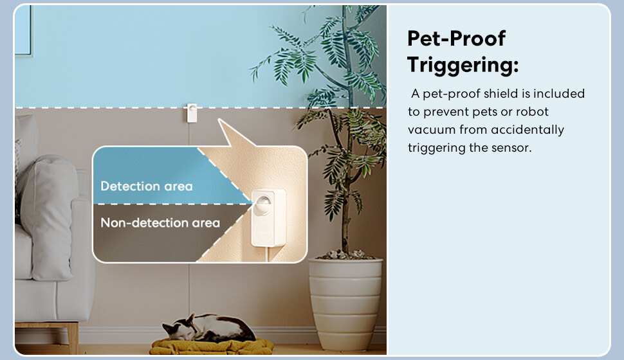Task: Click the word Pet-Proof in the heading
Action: click(x=456, y=39)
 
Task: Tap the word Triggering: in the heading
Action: click(x=463, y=65)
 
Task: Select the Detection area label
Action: click(x=147, y=186)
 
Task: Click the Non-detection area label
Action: click(x=160, y=223)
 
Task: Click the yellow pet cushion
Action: click(x=212, y=346)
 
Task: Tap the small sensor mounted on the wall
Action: click(x=192, y=113)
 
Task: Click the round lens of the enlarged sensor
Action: click(x=262, y=204)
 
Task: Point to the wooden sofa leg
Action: click(x=73, y=337)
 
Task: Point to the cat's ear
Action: click(x=191, y=318)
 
